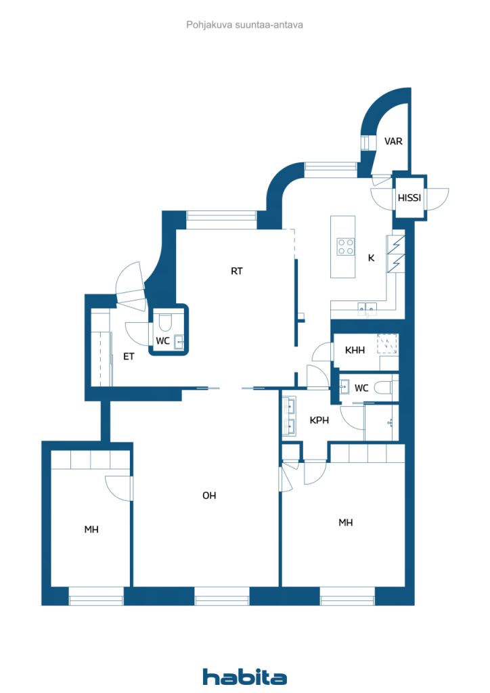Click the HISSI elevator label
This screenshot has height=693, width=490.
tap(409, 198)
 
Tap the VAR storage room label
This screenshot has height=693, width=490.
tap(393, 141)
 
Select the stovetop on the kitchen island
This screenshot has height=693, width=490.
tap(345, 246)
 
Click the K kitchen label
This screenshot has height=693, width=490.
tap(371, 258)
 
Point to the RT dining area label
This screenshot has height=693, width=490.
tap(236, 271)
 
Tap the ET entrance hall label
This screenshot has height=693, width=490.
tap(129, 356)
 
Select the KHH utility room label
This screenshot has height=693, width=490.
tap(355, 350)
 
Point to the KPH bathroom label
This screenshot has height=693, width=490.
tap(319, 420)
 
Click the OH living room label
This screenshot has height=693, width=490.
tap(209, 495)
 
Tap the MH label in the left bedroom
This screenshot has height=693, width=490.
tap(91, 529)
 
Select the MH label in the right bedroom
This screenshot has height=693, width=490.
tap(346, 522)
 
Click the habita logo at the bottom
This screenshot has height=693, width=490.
tap(244, 677)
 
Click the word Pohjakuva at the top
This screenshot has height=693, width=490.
tap(208, 25)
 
